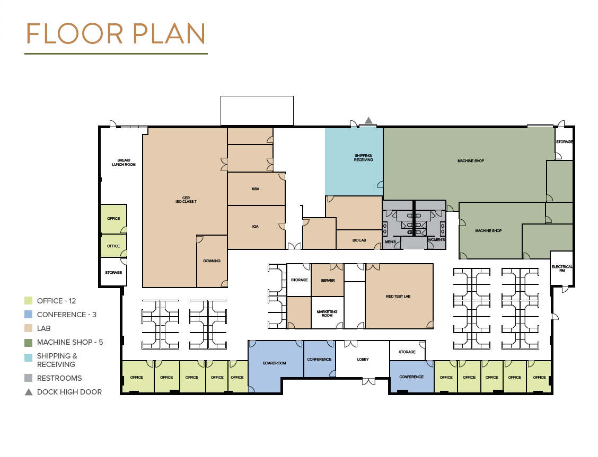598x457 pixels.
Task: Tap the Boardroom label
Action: pos(274,363)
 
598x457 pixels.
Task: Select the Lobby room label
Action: pos(363,360)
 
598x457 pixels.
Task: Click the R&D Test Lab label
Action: pos(398,297)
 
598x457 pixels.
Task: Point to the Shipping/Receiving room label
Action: pos(364,158)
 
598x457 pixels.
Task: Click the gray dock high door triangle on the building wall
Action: pos(368,121)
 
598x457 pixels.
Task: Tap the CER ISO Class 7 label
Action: pos(186,200)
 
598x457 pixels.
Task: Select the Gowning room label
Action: pos(212,261)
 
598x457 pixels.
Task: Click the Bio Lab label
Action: pos(359,240)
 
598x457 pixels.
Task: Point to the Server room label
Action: pos(328,280)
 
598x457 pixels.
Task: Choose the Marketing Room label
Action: pos(327,313)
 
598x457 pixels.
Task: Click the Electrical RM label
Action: pos(562,268)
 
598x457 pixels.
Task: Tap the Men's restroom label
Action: pos(390,241)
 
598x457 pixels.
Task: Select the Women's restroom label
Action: pos(436,240)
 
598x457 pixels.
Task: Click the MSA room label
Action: pos(255,189)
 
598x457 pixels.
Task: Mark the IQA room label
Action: pos(255,227)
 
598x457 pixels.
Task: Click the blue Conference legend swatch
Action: pos(29,315)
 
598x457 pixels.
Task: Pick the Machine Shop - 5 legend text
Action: pos(70,342)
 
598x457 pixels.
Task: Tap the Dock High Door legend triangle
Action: pos(29,392)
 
